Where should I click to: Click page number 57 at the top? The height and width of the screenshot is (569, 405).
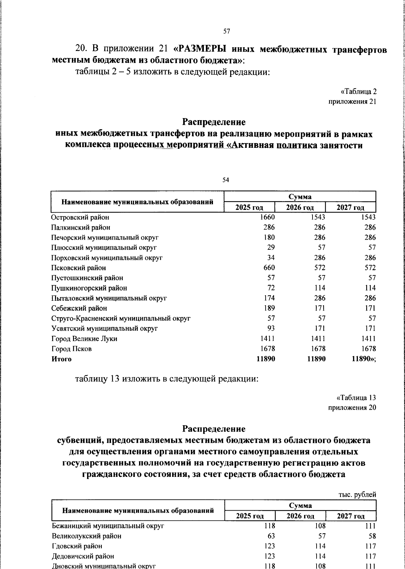(226, 31)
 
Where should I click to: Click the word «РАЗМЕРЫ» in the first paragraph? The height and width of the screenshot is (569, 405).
(202, 49)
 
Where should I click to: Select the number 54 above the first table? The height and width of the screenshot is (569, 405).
(226, 180)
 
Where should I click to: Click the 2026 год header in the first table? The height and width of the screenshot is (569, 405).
(300, 208)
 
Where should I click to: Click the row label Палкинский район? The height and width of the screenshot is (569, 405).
(81, 227)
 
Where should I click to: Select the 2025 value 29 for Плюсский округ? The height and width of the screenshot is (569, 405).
(271, 247)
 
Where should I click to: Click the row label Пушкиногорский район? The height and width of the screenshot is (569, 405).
(89, 288)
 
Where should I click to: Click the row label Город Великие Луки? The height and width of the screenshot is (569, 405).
(84, 338)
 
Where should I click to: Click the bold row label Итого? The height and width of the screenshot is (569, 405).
(61, 359)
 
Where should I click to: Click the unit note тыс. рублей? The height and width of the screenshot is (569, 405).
(357, 495)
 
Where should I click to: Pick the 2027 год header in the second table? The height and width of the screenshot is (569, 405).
(351, 516)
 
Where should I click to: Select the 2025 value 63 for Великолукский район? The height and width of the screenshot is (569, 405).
(271, 536)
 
